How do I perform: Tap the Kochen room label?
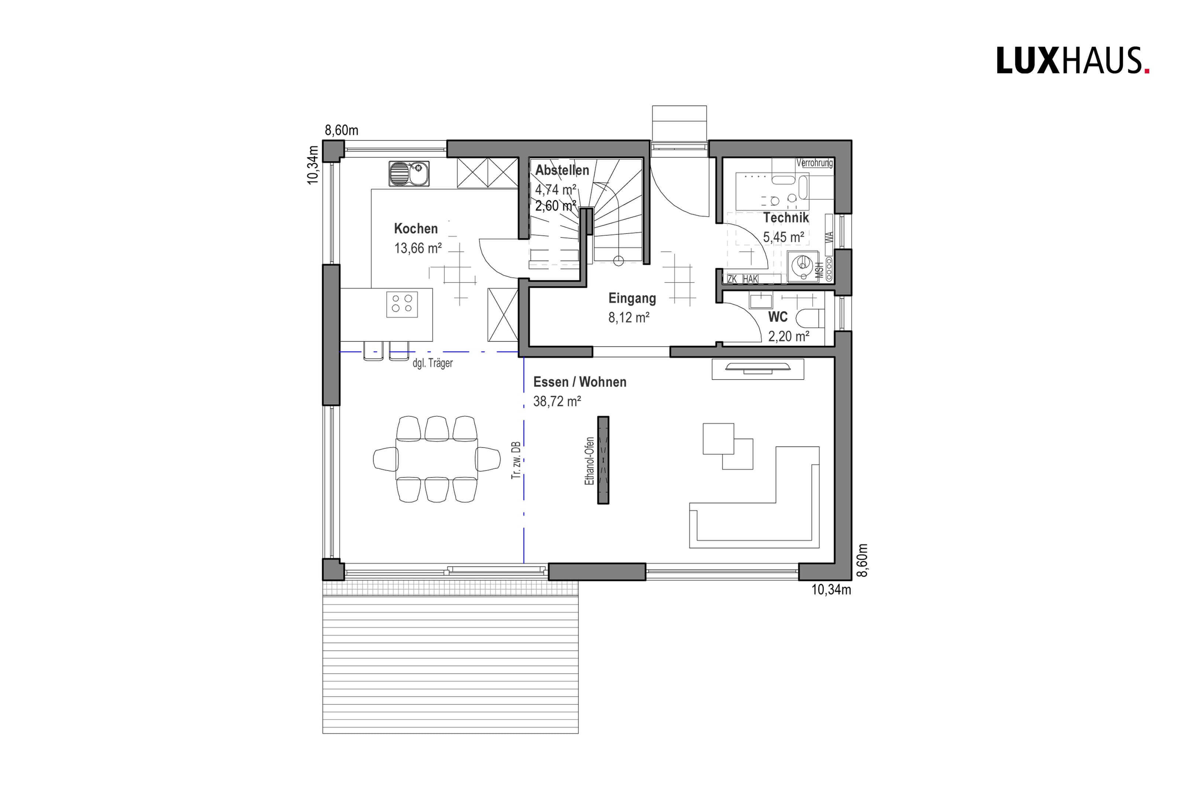point(416,229)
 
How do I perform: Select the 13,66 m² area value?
point(417,248)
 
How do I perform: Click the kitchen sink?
point(409,174)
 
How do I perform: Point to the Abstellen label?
point(562,170)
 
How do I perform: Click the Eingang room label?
point(632,298)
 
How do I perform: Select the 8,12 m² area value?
point(629,318)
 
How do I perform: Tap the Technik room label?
point(786,218)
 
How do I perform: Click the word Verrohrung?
point(814,163)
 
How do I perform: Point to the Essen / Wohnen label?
point(580,382)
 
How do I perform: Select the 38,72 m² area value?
point(557,401)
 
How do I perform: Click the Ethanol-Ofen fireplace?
point(603,460)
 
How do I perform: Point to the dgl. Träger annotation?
point(432,363)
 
